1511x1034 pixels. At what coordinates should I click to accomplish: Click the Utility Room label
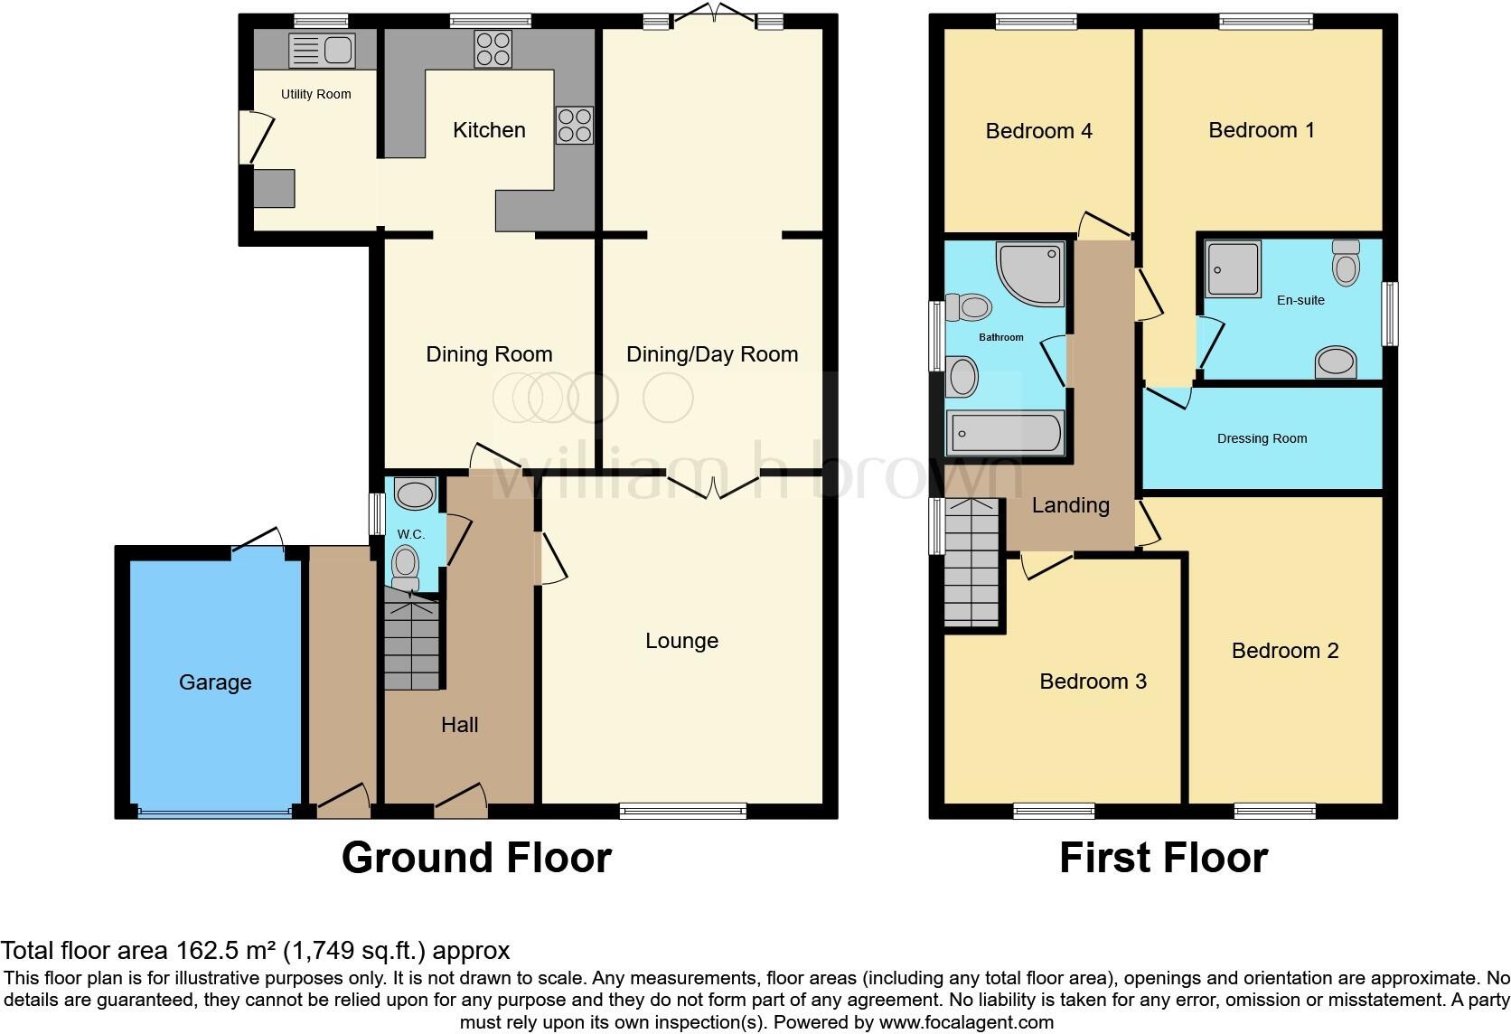click(x=315, y=94)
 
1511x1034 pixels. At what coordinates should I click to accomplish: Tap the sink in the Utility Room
click(x=322, y=50)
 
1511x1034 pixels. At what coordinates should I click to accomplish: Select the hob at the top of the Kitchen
click(x=493, y=49)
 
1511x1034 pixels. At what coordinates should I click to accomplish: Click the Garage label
click(x=215, y=682)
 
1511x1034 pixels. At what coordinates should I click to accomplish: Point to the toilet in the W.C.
click(x=406, y=566)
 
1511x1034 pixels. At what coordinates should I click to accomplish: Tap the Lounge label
click(x=681, y=641)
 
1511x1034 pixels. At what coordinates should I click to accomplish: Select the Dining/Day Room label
click(x=712, y=354)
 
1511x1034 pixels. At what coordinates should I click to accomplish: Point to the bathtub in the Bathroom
click(x=1005, y=434)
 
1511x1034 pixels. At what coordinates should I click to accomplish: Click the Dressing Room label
click(x=1262, y=439)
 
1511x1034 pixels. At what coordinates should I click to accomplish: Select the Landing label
click(x=1070, y=505)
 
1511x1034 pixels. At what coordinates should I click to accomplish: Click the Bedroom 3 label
click(x=1093, y=681)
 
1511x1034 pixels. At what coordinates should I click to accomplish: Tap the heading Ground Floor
click(x=476, y=858)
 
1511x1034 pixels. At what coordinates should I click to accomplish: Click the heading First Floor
click(x=1163, y=858)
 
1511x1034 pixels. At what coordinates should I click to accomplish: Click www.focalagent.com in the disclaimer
click(x=966, y=1023)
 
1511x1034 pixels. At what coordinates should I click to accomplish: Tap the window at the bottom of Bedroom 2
click(x=1274, y=811)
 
